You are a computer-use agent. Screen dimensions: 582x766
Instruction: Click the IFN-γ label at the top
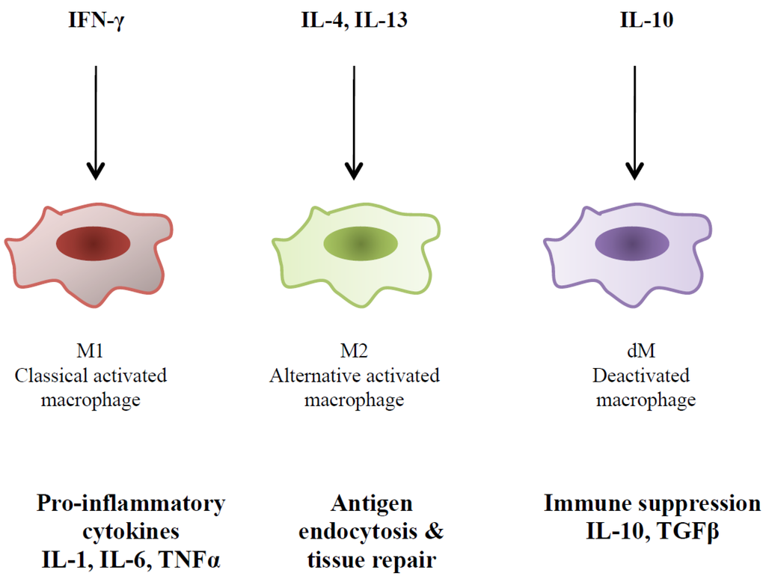coord(94,21)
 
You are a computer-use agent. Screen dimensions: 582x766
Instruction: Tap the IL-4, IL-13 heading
coord(350,21)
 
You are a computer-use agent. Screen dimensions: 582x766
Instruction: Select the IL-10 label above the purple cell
coord(646,21)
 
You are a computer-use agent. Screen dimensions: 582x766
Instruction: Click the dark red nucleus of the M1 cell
coord(94,245)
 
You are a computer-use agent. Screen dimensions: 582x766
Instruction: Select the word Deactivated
coord(642,375)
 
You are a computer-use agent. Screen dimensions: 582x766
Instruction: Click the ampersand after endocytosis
coord(434,531)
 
